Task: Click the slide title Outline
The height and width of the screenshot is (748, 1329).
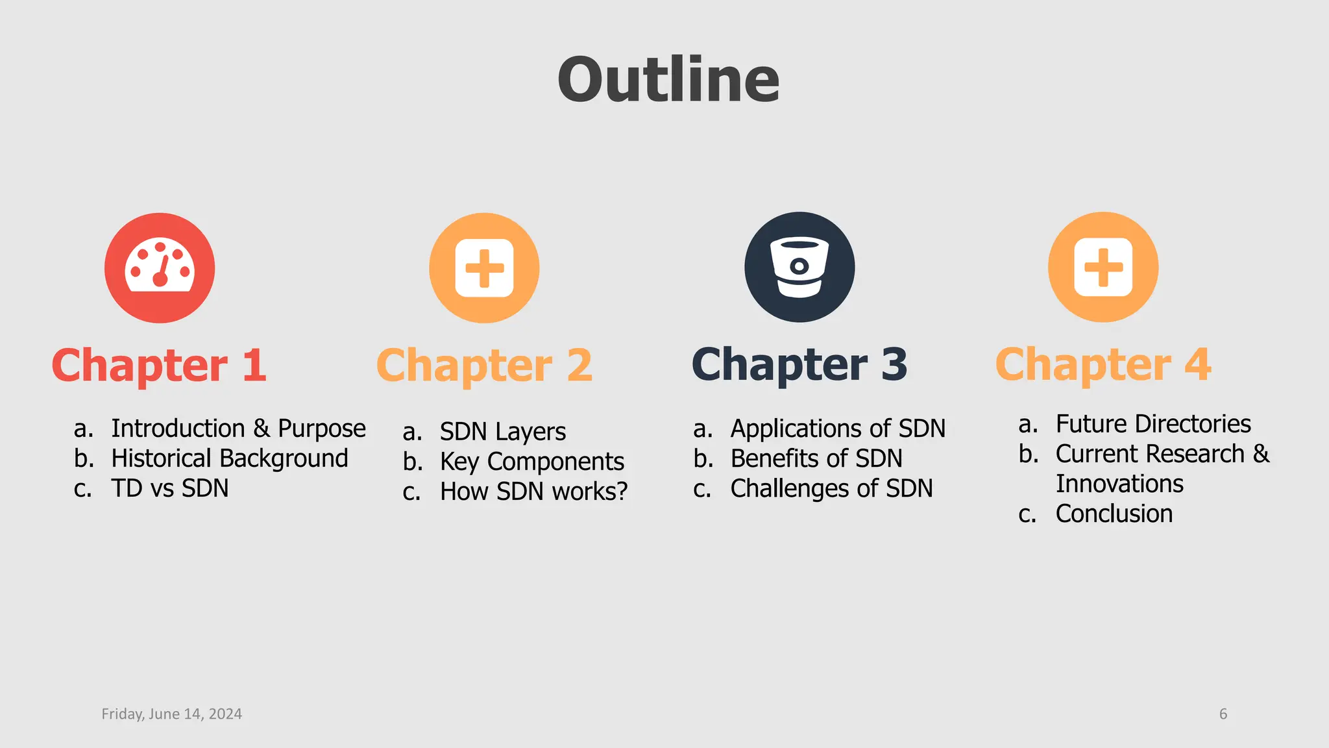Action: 668,80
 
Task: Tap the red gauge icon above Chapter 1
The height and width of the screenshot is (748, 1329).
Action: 160,268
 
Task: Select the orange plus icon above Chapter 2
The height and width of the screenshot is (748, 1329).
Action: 484,268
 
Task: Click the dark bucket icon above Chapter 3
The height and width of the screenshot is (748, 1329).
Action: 799,267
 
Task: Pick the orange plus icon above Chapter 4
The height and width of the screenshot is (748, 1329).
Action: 1103,267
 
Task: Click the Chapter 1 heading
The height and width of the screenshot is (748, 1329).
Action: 159,365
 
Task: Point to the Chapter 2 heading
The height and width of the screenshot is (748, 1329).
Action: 484,365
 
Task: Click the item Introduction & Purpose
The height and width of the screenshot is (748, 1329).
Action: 238,429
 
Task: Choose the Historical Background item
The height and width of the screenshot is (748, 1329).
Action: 230,458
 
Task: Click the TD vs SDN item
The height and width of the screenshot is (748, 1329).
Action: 170,488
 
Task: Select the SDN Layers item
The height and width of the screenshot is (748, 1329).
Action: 503,432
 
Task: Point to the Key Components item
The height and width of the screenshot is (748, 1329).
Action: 532,462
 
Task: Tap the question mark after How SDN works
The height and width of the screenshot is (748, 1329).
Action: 622,492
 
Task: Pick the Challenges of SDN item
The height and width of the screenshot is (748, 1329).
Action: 831,488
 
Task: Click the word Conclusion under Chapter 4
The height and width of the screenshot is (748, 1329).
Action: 1114,514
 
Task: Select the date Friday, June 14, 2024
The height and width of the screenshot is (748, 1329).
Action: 172,714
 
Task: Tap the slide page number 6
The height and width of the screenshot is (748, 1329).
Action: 1223,714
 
